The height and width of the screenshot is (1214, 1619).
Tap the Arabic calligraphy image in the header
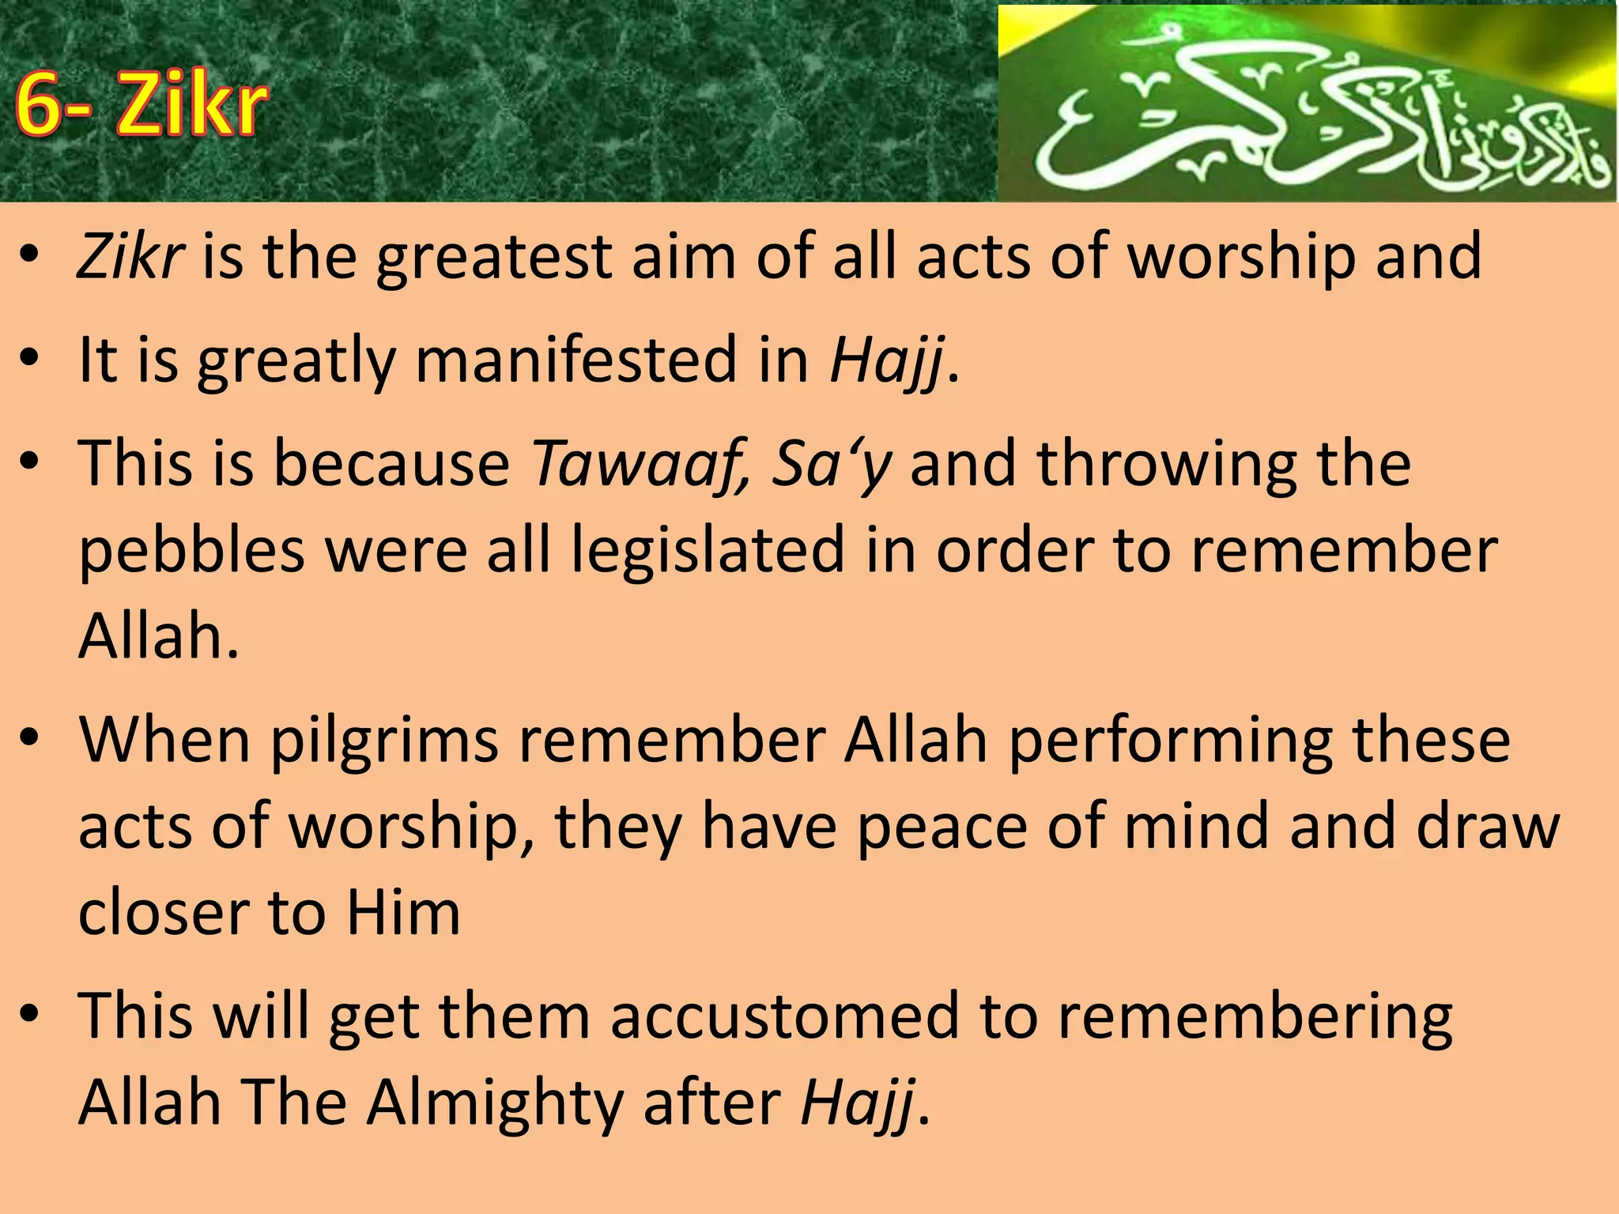(x=1306, y=104)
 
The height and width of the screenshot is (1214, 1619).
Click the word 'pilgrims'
(x=383, y=741)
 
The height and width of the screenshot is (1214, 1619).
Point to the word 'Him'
(x=403, y=913)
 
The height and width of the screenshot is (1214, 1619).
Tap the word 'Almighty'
(x=495, y=1103)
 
